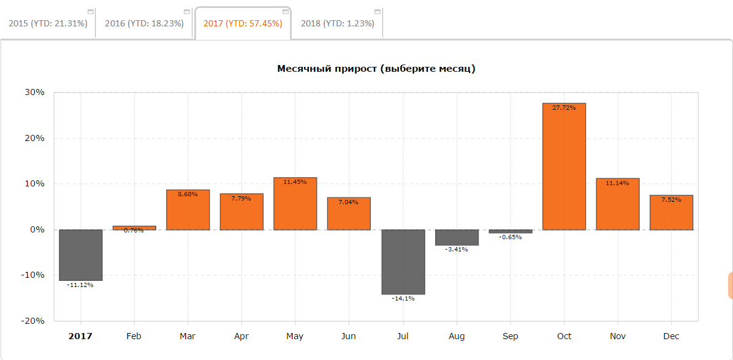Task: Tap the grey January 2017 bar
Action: (80, 255)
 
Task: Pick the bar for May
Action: (295, 205)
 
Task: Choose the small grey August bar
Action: (457, 237)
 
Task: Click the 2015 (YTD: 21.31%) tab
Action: (48, 23)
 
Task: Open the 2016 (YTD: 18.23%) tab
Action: (144, 23)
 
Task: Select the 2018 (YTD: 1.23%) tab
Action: (338, 23)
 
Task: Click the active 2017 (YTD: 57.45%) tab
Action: (243, 23)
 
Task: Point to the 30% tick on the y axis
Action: (34, 93)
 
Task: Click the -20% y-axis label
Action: (32, 321)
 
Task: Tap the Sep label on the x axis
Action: (510, 336)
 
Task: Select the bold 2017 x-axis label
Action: (80, 336)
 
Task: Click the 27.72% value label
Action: (564, 108)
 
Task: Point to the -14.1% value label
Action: (403, 298)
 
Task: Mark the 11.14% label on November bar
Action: (618, 183)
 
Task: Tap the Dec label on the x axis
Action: (671, 336)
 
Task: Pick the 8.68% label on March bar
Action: (188, 194)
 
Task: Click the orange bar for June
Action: (349, 215)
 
